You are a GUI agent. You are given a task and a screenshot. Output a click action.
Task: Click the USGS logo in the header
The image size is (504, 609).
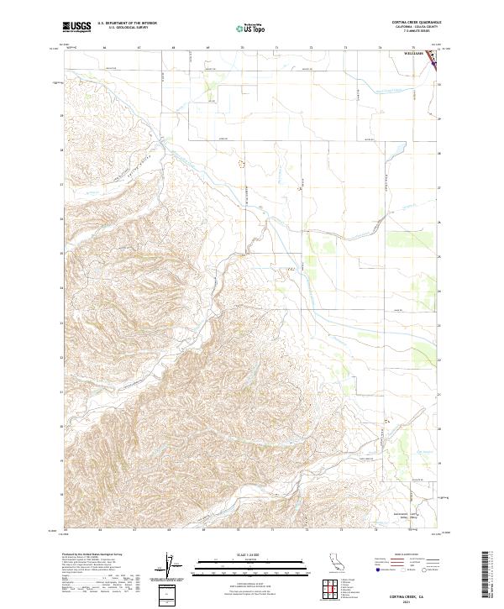click(x=76, y=27)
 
